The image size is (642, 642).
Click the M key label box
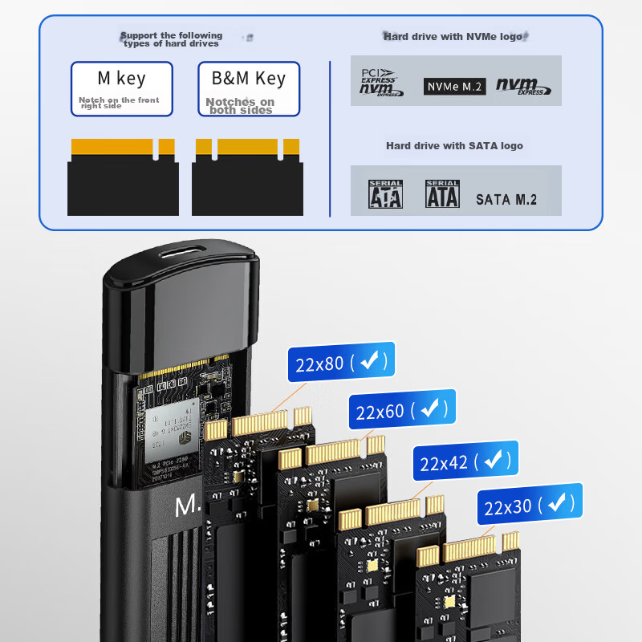121,89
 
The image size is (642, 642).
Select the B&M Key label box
249,89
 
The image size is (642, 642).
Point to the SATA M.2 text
506,199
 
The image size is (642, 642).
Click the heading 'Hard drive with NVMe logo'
454,36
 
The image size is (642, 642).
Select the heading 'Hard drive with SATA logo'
454,145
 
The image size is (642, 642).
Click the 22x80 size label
341,364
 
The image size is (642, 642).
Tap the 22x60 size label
401,411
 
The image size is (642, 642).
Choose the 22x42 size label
465,462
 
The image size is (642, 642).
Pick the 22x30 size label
530,506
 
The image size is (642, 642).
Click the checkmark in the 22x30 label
556,503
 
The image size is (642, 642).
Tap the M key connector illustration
123,177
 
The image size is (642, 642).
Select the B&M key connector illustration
247,177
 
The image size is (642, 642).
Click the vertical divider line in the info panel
330,136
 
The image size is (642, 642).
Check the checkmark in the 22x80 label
369,362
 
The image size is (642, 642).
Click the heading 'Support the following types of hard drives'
171,39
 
